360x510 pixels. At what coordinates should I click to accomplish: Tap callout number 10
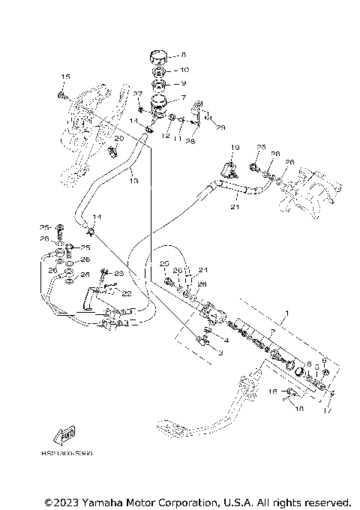pyautogui.click(x=175, y=70)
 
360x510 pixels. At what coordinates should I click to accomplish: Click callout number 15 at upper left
pyautogui.click(x=64, y=77)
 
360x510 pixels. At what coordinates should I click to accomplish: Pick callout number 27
pyautogui.click(x=137, y=93)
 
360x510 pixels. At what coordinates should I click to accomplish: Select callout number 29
pyautogui.click(x=220, y=127)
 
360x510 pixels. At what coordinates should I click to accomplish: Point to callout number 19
pyautogui.click(x=233, y=147)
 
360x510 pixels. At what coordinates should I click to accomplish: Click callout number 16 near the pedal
pyautogui.click(x=273, y=391)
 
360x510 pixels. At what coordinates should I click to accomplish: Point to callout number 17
pyautogui.click(x=326, y=409)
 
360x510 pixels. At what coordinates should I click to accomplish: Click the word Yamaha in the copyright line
pyautogui.click(x=106, y=501)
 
